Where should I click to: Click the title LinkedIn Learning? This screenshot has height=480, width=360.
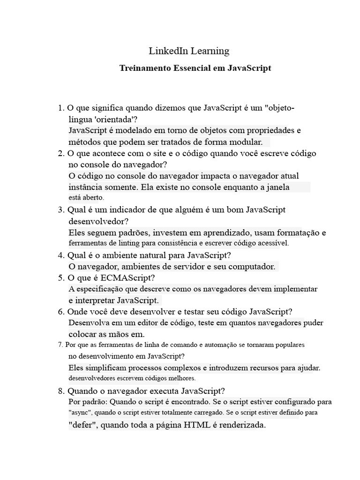pos(189,51)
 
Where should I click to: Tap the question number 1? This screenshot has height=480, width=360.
pos(60,108)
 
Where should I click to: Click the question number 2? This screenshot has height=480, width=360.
pos(60,153)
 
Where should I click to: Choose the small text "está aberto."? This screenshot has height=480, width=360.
pos(86,198)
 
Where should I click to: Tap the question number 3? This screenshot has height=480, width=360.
pos(60,210)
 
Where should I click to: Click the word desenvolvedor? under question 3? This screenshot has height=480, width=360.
pos(98,221)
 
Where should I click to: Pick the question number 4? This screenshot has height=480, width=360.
pos(60,255)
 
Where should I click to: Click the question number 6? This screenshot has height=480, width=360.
pos(60,312)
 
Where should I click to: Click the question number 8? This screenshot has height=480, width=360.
pos(60,390)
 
